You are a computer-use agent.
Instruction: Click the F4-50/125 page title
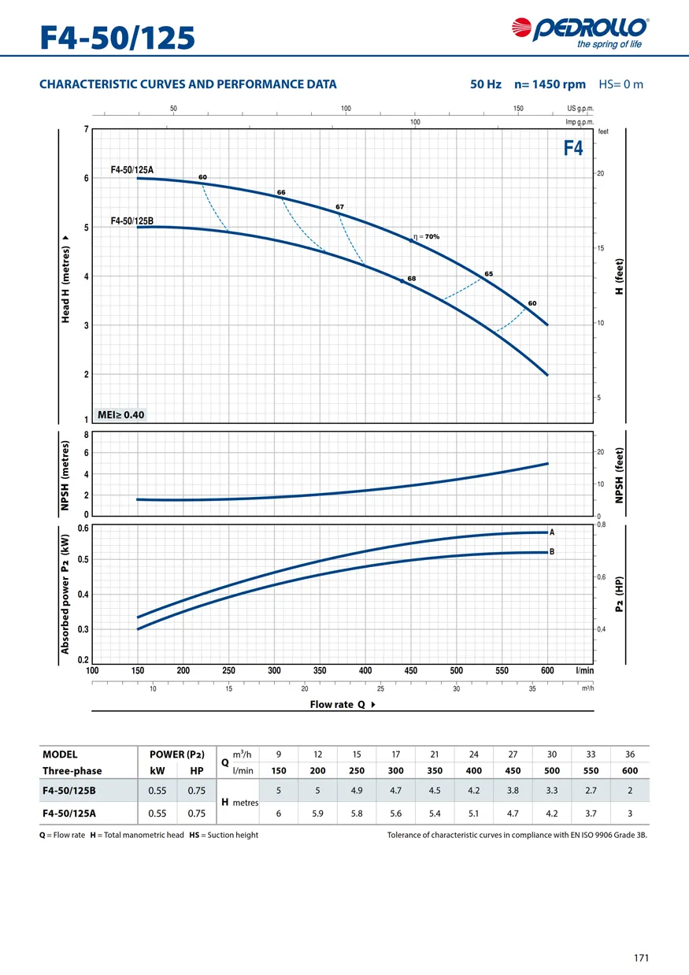118,37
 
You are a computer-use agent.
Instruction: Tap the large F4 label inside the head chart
573,148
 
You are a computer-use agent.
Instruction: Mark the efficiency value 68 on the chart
411,279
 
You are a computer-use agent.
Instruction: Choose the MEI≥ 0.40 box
120,414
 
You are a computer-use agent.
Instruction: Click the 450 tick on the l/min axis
410,671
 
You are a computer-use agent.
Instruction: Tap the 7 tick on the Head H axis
87,129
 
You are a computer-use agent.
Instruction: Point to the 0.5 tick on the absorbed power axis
83,559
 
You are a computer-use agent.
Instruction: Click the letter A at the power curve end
552,532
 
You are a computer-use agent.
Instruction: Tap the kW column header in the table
157,771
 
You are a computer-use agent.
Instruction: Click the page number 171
641,958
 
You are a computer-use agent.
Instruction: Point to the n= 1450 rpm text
550,84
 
